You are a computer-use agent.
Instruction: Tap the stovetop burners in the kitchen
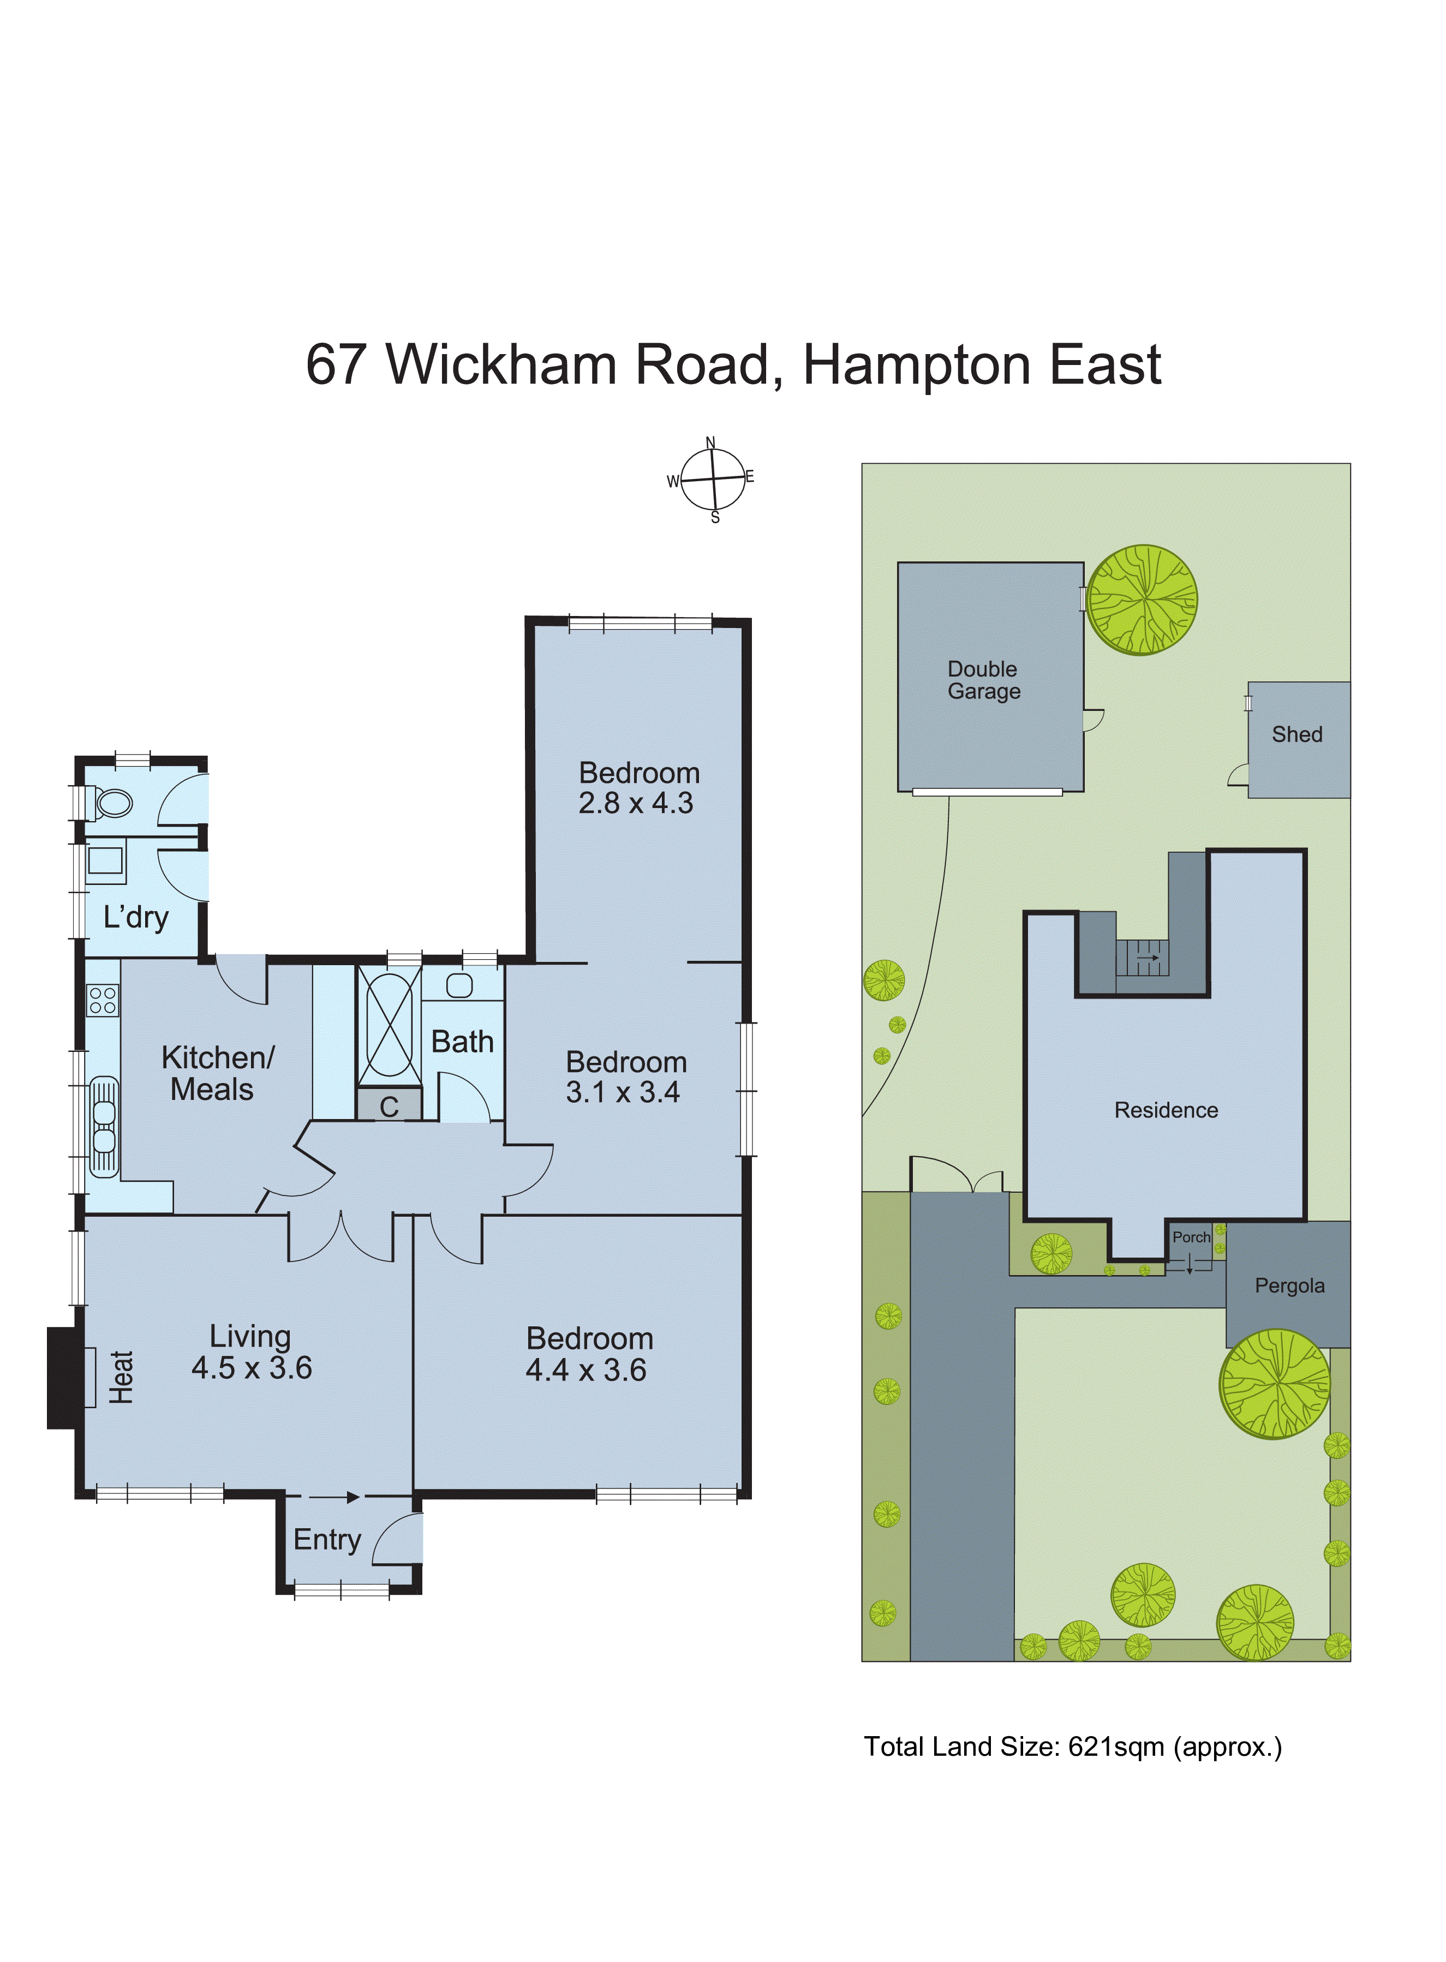click(103, 1000)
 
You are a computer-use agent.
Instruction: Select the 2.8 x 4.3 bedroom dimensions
click(636, 803)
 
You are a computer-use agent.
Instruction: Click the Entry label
click(326, 1539)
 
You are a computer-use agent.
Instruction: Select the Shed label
click(1296, 734)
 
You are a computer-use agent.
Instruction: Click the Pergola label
click(1289, 1285)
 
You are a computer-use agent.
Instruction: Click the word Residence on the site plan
click(1166, 1110)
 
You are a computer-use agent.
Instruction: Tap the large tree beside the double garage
click(1142, 600)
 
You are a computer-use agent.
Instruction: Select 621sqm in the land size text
click(1116, 1746)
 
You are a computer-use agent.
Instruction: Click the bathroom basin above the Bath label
click(459, 985)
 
